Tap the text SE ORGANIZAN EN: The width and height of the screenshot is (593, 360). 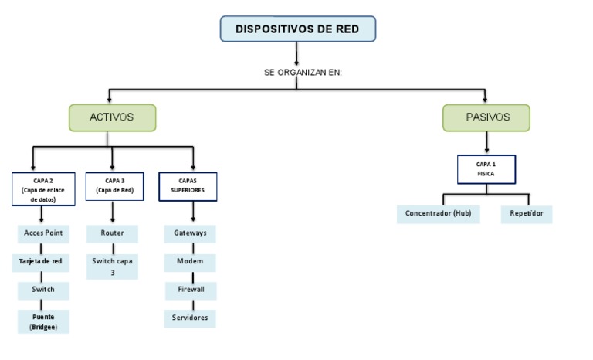302,73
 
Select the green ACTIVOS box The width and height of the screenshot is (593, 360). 113,118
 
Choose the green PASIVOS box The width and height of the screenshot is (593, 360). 486,118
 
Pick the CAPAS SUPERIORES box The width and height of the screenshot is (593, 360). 188,185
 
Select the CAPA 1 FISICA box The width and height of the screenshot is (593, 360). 485,169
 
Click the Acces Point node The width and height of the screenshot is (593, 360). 43,233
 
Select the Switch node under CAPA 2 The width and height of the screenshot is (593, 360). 43,290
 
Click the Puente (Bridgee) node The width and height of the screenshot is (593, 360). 43,321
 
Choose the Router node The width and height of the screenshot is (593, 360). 112,233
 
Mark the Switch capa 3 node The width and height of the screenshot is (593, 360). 112,267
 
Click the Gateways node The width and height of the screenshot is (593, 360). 190,233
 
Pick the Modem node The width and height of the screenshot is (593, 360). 190,261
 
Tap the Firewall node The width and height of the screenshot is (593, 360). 190,290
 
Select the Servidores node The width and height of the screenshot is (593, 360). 190,318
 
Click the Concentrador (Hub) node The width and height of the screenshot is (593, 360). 439,213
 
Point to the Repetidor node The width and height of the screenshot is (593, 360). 526,213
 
